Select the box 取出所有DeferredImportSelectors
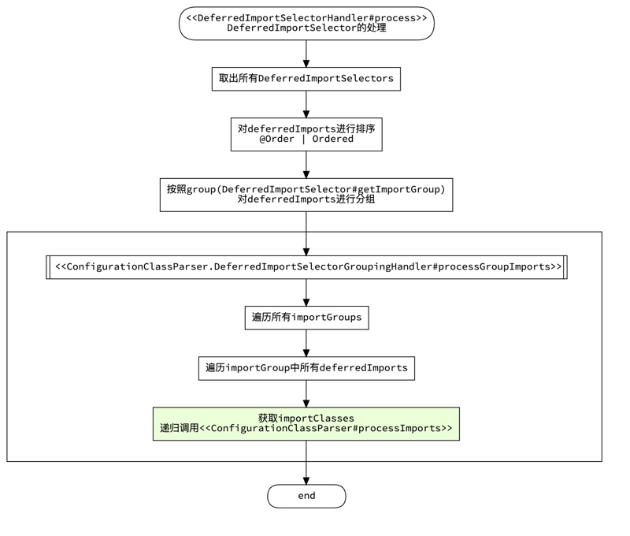point(306,79)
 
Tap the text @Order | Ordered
point(306,140)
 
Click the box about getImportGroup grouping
point(306,194)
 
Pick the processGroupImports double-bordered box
point(306,267)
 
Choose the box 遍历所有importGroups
point(306,318)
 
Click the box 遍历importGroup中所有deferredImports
point(306,368)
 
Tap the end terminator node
point(306,496)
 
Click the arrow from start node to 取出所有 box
point(306,54)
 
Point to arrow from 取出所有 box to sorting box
point(306,104)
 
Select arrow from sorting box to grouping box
point(306,164)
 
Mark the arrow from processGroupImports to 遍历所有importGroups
point(306,292)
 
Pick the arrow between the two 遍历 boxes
point(306,343)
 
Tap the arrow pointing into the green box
point(306,393)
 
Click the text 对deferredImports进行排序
point(306,128)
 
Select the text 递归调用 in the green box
point(179,429)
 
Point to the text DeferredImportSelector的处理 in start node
point(306,28)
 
